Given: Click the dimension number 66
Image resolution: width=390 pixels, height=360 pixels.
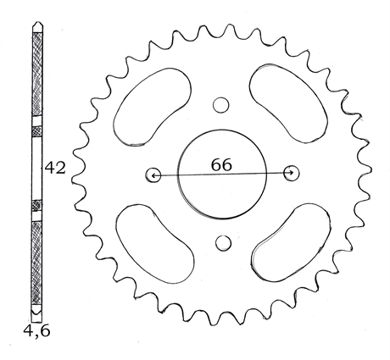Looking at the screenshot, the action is (x=221, y=164).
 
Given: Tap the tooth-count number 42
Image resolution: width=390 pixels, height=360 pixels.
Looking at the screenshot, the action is (x=55, y=168).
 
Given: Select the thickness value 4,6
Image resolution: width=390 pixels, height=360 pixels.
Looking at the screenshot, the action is (x=36, y=330).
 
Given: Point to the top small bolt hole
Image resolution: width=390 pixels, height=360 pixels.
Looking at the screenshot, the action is (x=220, y=105).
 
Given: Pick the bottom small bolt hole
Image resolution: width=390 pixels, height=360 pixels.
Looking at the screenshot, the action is (x=223, y=242).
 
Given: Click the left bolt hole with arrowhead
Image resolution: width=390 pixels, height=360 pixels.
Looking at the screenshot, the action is (x=153, y=174).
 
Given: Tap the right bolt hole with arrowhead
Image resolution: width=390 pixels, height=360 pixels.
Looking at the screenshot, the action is (x=292, y=174).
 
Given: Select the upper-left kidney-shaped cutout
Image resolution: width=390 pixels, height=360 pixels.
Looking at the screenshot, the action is (x=152, y=107).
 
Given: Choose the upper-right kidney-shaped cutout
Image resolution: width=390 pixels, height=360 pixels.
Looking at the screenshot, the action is (x=288, y=103).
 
